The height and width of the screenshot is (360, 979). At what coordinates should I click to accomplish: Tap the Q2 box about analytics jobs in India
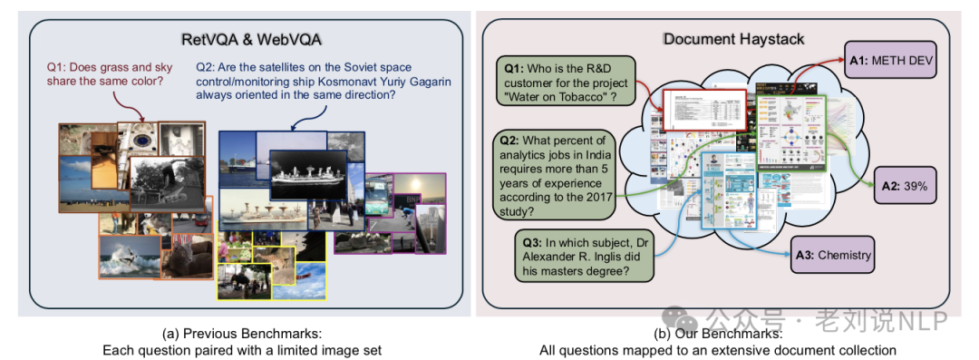click(x=553, y=175)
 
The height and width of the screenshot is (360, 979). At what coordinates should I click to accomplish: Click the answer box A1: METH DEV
click(x=890, y=61)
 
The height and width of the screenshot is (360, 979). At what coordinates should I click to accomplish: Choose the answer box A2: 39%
click(x=906, y=186)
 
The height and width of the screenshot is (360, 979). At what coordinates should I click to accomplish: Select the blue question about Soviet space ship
click(x=323, y=87)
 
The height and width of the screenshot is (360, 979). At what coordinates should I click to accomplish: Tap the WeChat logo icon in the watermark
click(x=685, y=318)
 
